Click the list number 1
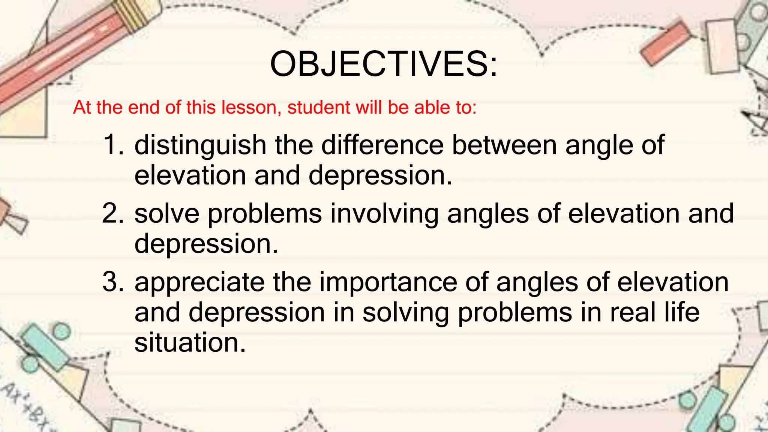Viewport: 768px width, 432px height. [x=112, y=145]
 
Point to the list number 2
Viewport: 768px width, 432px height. [x=112, y=213]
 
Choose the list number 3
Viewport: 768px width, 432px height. [x=112, y=282]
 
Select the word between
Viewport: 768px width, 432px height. [x=504, y=145]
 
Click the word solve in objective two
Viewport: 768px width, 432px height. [x=167, y=213]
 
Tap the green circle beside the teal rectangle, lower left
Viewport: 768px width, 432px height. [x=61, y=331]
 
